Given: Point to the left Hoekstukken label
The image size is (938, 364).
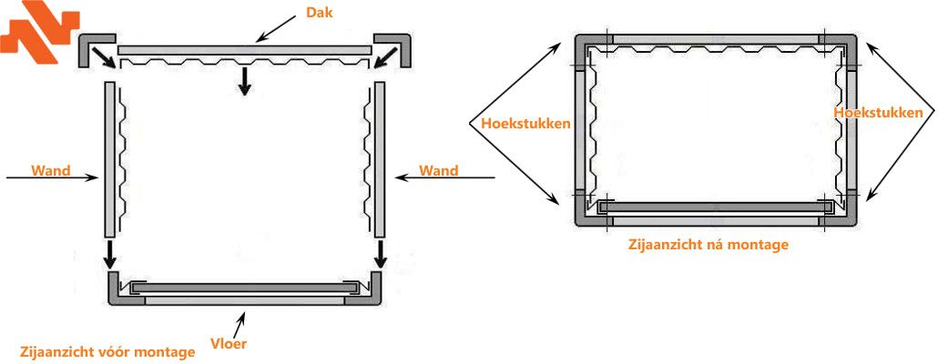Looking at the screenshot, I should click(514, 122).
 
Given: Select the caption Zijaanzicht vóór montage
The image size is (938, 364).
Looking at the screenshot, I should click(107, 351).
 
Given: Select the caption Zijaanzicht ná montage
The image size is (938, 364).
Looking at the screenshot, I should click(709, 244).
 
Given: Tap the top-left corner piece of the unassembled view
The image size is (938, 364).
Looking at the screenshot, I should click(92, 49).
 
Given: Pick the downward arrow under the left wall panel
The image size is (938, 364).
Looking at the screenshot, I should click(110, 255).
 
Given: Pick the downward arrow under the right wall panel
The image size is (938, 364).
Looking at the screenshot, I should click(379, 255).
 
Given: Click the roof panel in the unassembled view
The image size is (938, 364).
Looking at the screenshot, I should click(244, 49).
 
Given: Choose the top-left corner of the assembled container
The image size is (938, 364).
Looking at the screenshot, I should click(584, 44).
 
